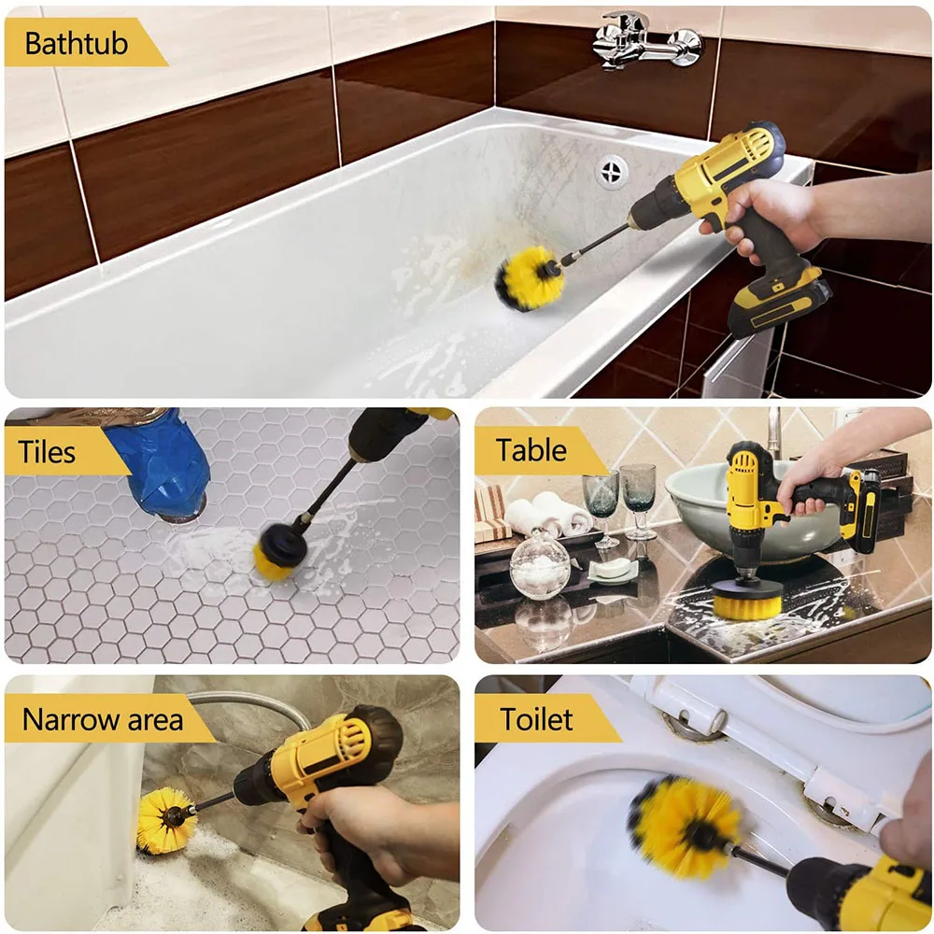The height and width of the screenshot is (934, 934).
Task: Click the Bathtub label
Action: coord(77,44)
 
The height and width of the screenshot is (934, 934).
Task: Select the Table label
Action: coord(531,451)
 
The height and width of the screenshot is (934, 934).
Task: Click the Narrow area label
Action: coord(102,720)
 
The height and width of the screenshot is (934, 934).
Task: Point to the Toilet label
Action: coord(537,719)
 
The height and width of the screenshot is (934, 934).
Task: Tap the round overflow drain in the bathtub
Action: coord(613,171)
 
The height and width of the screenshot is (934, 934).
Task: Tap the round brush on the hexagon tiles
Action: coord(279,552)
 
